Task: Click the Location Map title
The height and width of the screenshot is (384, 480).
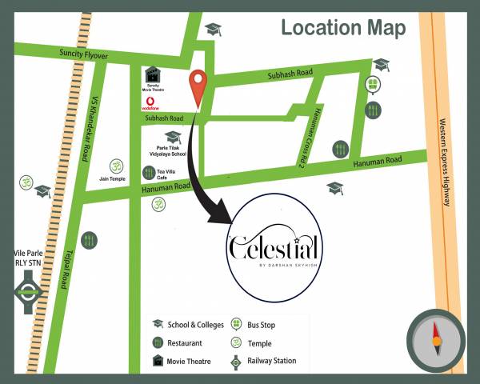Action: coord(343,27)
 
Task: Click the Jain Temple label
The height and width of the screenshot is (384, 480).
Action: coord(113,178)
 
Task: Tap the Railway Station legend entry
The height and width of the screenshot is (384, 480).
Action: coord(266,361)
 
